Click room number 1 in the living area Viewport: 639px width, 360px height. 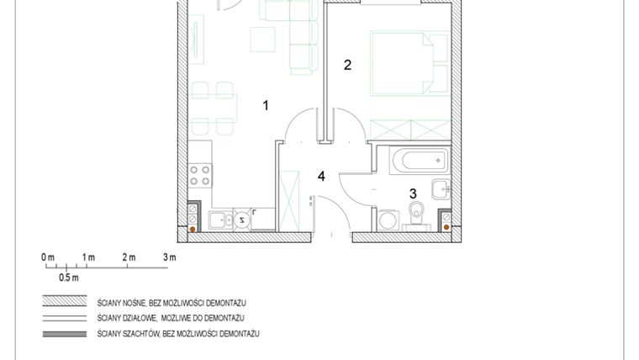266,105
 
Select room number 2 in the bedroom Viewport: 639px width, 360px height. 346,65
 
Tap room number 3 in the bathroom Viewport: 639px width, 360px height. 412,193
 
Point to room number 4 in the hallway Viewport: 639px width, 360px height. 320,176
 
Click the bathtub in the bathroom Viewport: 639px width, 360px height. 413,158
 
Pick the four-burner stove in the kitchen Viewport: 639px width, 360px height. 200,175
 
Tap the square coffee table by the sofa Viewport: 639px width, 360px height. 263,38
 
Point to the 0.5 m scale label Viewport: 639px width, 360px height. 68,277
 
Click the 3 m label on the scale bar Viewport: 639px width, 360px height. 169,257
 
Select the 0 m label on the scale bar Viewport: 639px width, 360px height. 47,257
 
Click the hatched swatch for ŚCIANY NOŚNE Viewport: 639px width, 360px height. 66,301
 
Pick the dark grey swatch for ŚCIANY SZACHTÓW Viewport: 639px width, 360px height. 66,334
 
